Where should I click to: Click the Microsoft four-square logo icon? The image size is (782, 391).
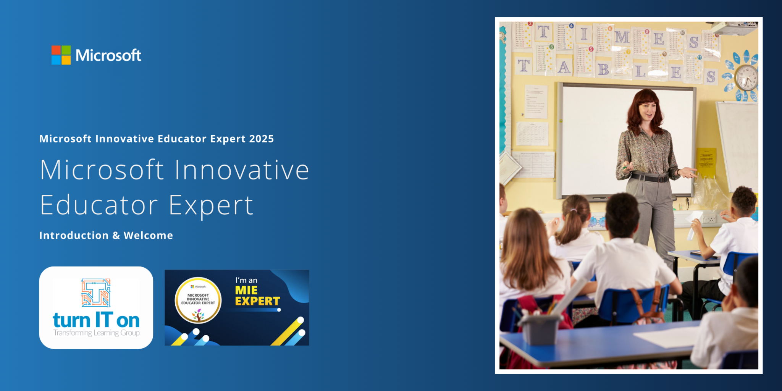pyautogui.click(x=61, y=55)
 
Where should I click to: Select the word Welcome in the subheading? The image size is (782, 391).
pyautogui.click(x=148, y=235)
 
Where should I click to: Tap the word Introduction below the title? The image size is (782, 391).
pyautogui.click(x=74, y=235)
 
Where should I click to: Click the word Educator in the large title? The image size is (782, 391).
pyautogui.click(x=99, y=205)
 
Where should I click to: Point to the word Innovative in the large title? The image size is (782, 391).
pyautogui.click(x=242, y=170)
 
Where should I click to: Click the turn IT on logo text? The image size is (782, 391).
pyautogui.click(x=96, y=320)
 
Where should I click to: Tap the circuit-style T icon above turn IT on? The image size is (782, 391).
pyautogui.click(x=96, y=292)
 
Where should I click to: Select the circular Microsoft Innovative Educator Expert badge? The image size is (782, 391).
pyautogui.click(x=198, y=300)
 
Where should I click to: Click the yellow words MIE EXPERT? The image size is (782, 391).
pyautogui.click(x=257, y=296)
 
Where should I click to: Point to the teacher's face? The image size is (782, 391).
pyautogui.click(x=648, y=111)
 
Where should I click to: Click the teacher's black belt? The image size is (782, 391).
pyautogui.click(x=649, y=178)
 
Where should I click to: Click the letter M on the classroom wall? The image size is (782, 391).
pyautogui.click(x=622, y=37)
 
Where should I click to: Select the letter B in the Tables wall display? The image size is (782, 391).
pyautogui.click(x=603, y=69)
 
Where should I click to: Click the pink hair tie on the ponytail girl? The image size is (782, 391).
pyautogui.click(x=574, y=210)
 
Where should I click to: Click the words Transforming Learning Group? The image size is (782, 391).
pyautogui.click(x=96, y=333)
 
